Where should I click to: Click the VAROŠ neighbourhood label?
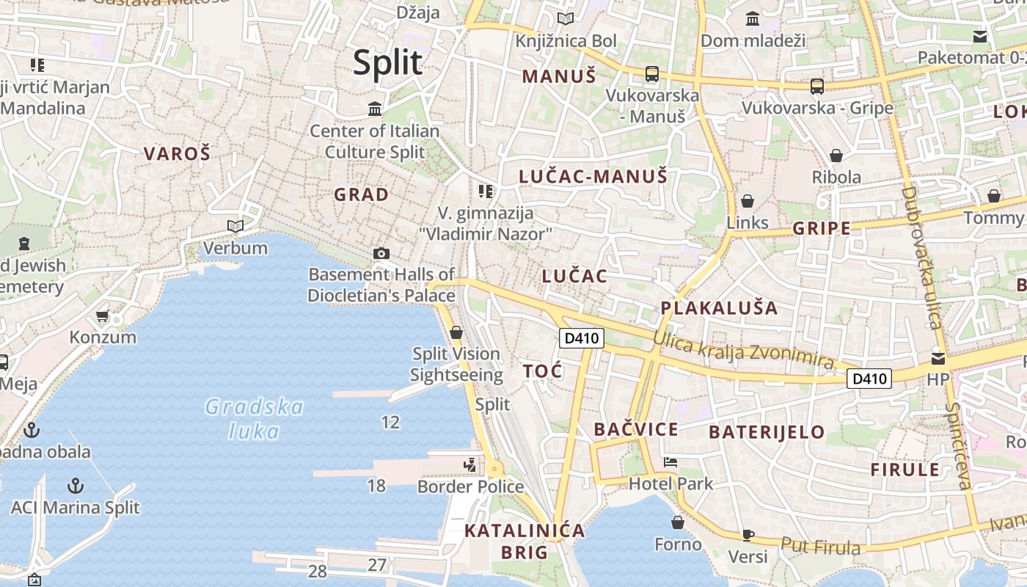(177, 153)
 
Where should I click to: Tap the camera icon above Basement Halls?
(381, 253)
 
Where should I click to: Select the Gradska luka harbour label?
(254, 418)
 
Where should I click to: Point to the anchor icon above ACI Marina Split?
(75, 485)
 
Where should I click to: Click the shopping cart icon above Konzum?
(102, 316)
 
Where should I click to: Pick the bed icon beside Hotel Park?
(670, 462)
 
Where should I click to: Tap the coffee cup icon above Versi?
(748, 534)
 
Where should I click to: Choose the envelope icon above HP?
(938, 358)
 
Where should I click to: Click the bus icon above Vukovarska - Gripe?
(817, 87)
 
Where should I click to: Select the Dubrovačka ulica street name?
(921, 257)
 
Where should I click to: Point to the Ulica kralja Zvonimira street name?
(743, 349)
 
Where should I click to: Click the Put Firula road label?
(820, 546)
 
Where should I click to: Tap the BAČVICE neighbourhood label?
(636, 429)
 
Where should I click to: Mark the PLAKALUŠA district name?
(719, 307)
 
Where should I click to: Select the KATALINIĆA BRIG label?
(525, 541)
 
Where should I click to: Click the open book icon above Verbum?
(235, 226)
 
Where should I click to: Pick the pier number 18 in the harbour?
(376, 485)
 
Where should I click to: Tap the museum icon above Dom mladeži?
(752, 19)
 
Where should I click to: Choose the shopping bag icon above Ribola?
(836, 156)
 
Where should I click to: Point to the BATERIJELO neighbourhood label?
(767, 432)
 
